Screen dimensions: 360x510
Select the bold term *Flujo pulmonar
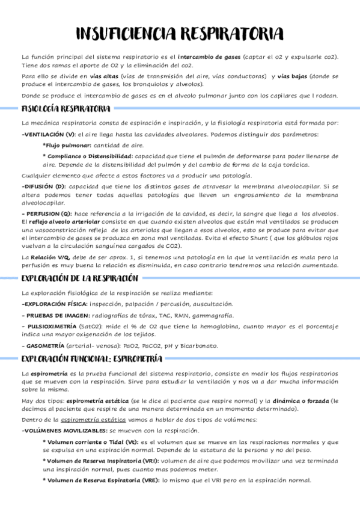coord(67,146)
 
